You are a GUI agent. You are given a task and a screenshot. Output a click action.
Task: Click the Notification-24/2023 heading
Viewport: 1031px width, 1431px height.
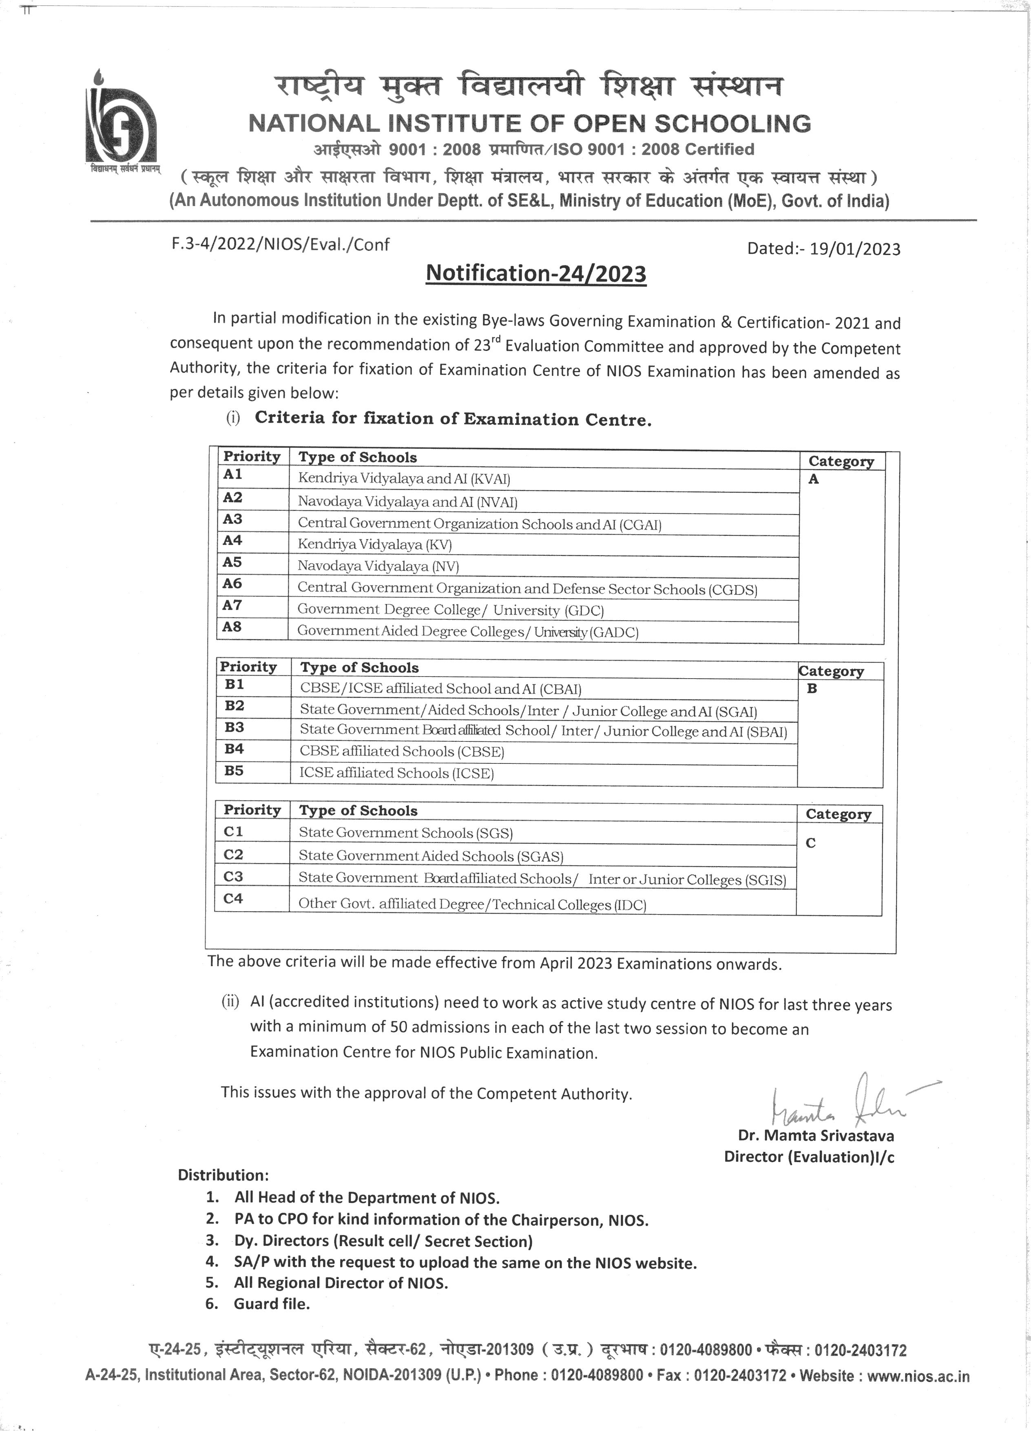pos(536,273)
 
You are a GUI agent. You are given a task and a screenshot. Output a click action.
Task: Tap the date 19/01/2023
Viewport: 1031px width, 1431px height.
pos(855,248)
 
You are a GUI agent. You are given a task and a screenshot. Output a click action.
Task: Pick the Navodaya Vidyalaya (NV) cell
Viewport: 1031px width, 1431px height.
pos(378,566)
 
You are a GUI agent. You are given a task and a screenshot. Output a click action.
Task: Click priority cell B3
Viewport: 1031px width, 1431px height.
pos(234,728)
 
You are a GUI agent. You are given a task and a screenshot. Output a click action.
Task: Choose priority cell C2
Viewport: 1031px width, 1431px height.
pos(233,854)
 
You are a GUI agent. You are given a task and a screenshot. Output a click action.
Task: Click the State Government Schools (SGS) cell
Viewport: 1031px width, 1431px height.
pos(405,833)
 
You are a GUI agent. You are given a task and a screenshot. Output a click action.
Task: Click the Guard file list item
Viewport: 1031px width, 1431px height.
pos(272,1304)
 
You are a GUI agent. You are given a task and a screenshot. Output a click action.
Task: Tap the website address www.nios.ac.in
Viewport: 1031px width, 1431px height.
pos(918,1376)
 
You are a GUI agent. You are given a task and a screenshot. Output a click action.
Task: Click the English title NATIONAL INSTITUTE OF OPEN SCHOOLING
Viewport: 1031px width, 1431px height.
pos(530,124)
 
